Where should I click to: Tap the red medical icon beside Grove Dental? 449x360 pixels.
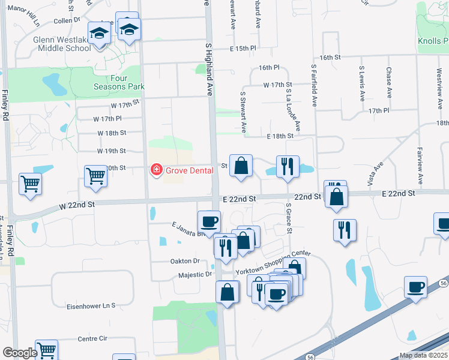tap(156, 170)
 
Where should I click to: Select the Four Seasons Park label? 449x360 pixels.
tap(119, 82)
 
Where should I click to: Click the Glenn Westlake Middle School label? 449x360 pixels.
tap(62, 44)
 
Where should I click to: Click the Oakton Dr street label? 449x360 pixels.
tap(184, 261)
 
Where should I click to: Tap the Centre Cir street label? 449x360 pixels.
tap(92, 339)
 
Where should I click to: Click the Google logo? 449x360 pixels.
tap(20, 353)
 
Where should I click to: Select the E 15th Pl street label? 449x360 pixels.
tap(243, 48)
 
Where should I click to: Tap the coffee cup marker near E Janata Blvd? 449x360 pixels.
tap(209, 222)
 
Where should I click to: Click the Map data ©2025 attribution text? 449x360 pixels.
tap(423, 355)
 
